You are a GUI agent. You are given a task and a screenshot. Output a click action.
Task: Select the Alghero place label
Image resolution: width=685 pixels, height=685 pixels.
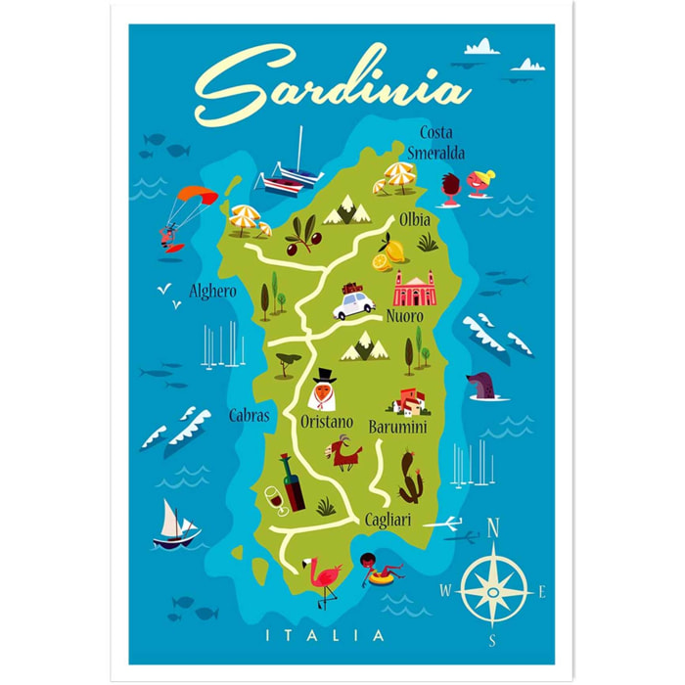[212, 291]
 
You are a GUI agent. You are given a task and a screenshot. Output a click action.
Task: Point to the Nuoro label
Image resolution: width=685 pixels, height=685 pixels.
[404, 317]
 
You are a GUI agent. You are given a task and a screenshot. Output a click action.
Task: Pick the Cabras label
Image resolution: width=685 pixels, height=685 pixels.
[249, 415]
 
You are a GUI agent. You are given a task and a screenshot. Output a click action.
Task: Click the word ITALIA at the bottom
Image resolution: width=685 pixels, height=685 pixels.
[326, 635]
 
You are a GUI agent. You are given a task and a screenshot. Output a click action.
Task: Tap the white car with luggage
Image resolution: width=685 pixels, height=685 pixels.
[353, 302]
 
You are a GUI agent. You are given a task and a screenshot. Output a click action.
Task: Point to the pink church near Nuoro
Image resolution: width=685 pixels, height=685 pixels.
[413, 288]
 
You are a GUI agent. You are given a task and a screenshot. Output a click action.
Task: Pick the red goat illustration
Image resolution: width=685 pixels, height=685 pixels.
[343, 453]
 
